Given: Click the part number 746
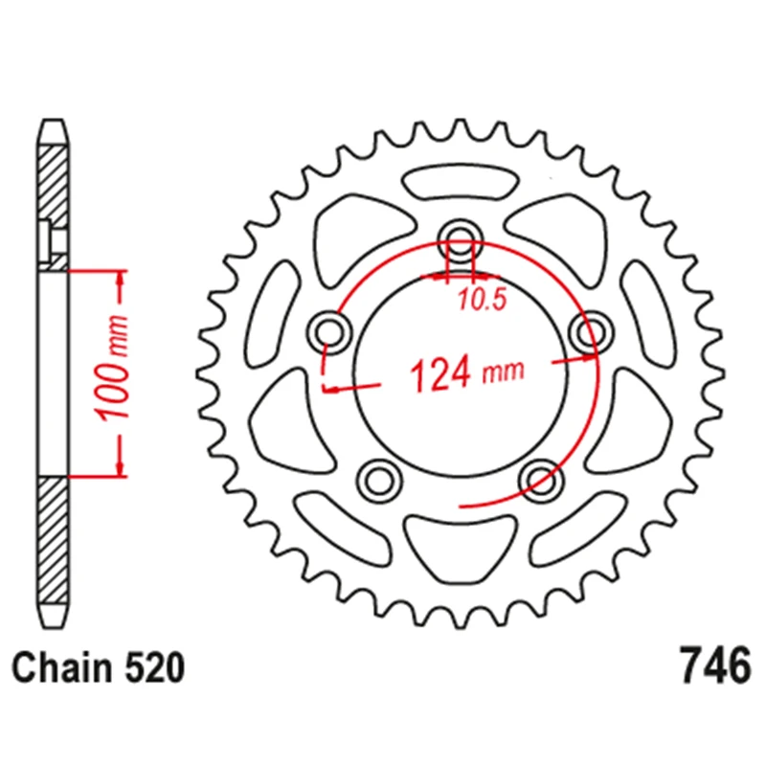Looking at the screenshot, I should pos(711,665).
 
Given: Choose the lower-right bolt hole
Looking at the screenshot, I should pos(538,477).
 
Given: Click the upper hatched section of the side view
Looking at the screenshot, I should pos(54,196).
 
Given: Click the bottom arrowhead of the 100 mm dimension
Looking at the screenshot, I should pos(120,466).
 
